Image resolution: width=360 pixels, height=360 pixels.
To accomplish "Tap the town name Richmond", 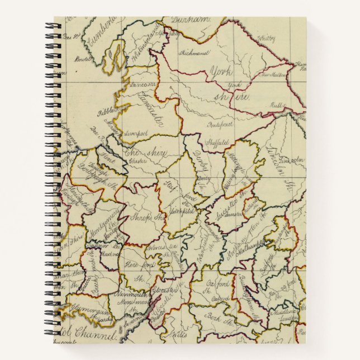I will click(195, 53).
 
